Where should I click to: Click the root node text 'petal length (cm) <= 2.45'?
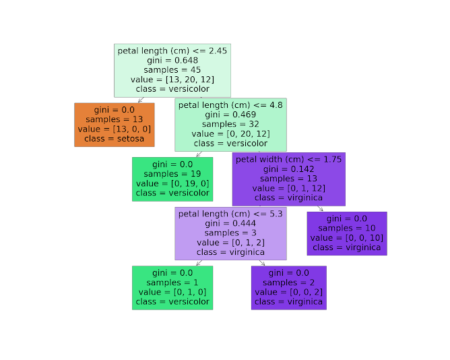point(172,51)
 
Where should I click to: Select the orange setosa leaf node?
point(115,125)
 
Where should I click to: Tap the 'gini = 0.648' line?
point(172,60)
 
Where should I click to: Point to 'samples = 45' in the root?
point(172,69)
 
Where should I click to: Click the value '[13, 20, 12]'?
point(172,79)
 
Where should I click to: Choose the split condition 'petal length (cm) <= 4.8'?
point(230,105)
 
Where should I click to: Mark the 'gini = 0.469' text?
point(230,115)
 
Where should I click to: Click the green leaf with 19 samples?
point(172,179)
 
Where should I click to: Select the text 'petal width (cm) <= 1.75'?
point(289,159)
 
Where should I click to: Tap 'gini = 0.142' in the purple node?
point(289,169)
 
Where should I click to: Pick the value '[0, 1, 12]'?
point(289,188)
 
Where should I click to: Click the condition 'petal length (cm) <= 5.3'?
point(230,213)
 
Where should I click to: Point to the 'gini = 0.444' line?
point(230,223)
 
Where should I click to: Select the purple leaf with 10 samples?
point(347,233)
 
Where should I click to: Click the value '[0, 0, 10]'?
point(347,238)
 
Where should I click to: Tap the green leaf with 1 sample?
point(172,288)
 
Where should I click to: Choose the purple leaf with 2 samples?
point(289,288)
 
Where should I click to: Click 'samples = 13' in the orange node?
point(115,119)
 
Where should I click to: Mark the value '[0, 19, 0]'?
point(172,183)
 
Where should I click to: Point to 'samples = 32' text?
point(230,124)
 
